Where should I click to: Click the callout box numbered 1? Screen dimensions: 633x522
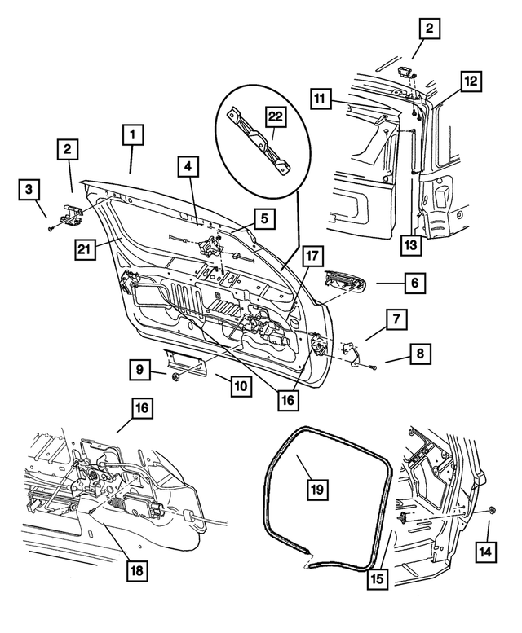[133, 133]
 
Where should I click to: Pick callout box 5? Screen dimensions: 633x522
[264, 218]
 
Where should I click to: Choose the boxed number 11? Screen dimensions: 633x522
[321, 99]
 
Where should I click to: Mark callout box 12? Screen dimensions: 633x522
[471, 81]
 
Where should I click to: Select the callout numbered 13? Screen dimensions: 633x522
[413, 244]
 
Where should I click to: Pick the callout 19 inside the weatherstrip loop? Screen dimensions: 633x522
[317, 489]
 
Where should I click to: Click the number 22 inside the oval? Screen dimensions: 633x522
[275, 117]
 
